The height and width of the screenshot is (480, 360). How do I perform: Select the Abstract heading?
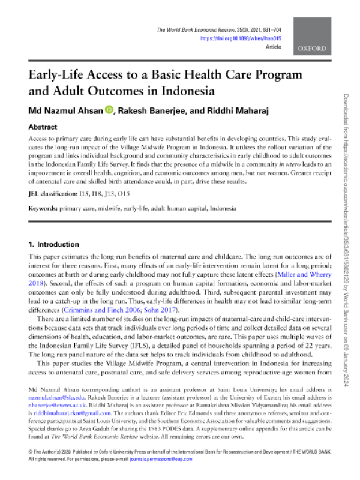(x=43, y=127)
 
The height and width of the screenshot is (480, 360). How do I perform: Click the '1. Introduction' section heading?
(x=54, y=245)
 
